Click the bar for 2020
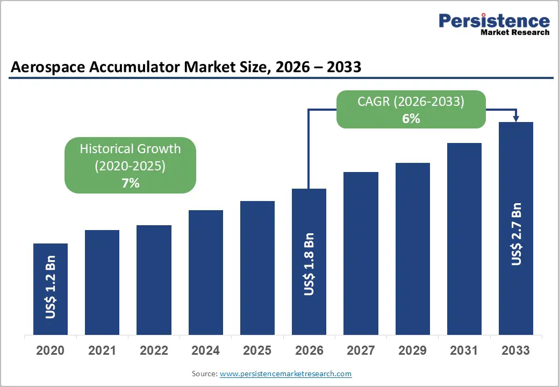click(51, 289)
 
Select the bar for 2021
click(102, 282)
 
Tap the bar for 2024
click(206, 273)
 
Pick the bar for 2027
click(361, 253)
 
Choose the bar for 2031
click(464, 239)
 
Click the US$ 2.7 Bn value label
click(517, 234)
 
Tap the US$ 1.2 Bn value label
click(51, 291)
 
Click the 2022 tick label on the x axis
click(154, 351)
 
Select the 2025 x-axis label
click(257, 351)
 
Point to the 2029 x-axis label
click(412, 351)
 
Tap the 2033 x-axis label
click(516, 351)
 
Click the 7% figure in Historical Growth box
click(130, 183)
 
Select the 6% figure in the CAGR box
click(411, 119)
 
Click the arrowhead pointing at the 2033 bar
click(516, 118)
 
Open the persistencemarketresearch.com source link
click(285, 374)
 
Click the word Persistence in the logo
click(494, 21)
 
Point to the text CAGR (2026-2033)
click(411, 102)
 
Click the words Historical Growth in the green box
click(130, 149)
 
